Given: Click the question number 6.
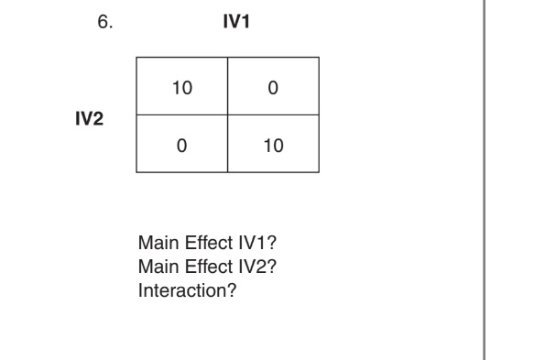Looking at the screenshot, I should point(104,23).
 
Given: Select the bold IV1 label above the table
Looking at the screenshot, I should point(237,22).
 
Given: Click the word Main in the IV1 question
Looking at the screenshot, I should point(152,245).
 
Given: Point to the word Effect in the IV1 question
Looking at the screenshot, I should point(195,245).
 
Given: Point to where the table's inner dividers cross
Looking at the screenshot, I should point(228,116).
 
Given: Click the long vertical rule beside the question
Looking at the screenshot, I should point(483,183).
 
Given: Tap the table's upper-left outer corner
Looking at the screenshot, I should point(136,60).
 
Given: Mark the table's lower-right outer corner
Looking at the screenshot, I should point(319,171).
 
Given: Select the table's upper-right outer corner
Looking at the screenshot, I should point(319,60).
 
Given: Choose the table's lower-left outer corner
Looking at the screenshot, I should point(136,171).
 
